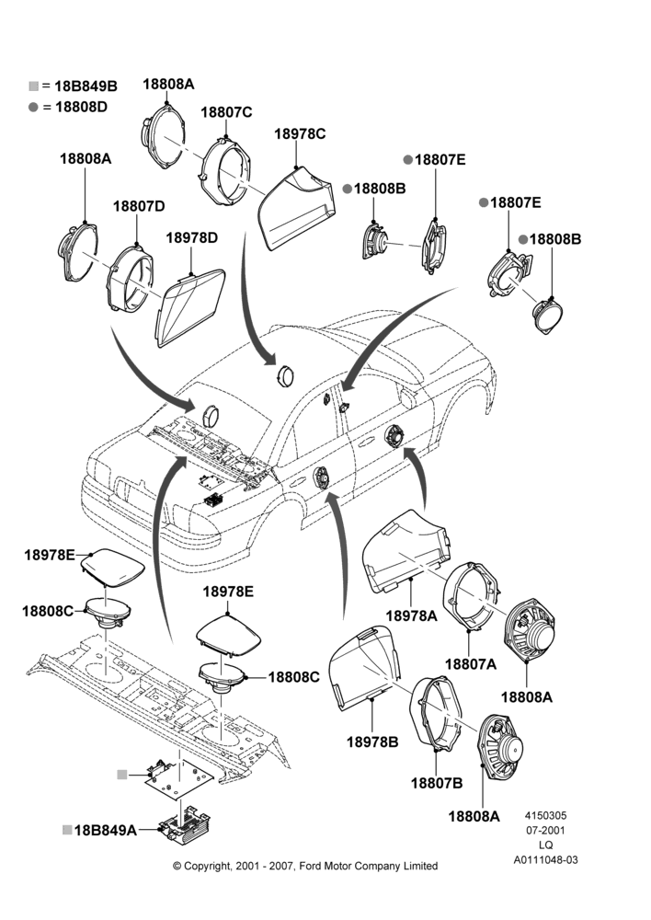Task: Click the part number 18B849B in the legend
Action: pos(86,86)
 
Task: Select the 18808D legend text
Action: pos(82,107)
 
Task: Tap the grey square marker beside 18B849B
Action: pos(33,86)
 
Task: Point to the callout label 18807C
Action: pos(226,112)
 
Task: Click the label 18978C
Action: pos(300,134)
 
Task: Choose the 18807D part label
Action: pos(139,206)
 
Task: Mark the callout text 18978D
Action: pos(192,237)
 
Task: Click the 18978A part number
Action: pos(411,615)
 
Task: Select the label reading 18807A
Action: pos(471,664)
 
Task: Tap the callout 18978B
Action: pos(372,742)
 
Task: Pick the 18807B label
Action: pos(437,783)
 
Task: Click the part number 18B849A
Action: pos(106,830)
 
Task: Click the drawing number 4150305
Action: pos(545,815)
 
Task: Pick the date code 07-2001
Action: pos(545,830)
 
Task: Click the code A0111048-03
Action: pos(545,859)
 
